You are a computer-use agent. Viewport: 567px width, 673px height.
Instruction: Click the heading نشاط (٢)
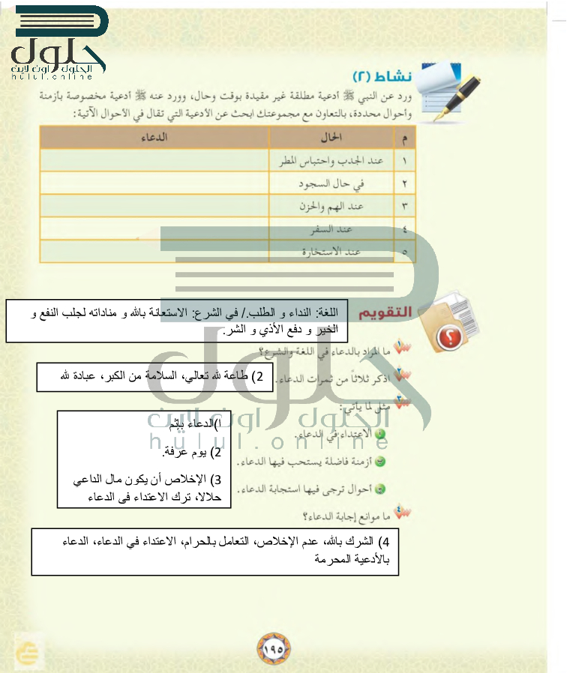tap(382, 76)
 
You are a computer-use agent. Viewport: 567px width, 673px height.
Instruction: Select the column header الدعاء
tap(154, 137)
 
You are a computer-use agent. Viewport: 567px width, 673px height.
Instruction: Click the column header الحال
tap(331, 137)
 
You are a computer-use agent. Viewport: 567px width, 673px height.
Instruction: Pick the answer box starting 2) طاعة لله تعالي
tap(153, 377)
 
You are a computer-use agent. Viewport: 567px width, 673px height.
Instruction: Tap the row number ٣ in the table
tap(404, 205)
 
